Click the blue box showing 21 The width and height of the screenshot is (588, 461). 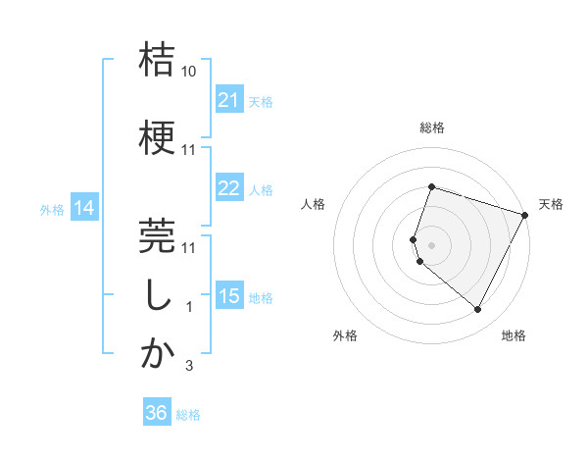pos(229,100)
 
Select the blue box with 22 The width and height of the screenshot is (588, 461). pos(229,188)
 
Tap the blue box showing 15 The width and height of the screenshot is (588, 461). pos(229,296)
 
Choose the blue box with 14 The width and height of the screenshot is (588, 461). pos(83,208)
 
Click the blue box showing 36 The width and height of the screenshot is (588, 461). pos(157,413)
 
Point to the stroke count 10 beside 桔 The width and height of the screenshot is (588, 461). pos(189,73)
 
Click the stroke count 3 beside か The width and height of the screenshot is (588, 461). pos(189,366)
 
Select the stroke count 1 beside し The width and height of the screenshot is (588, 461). pos(189,307)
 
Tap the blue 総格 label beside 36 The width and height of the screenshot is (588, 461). pos(188,415)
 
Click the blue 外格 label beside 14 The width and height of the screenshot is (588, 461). pos(52,209)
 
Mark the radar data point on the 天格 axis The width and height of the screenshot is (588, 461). pos(525,215)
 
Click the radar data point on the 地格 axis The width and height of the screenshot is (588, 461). pos(477,310)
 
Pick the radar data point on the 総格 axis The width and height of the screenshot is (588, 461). pos(431,186)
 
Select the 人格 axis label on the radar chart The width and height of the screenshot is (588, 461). pos(314,204)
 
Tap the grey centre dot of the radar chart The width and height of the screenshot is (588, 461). pos(431,244)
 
